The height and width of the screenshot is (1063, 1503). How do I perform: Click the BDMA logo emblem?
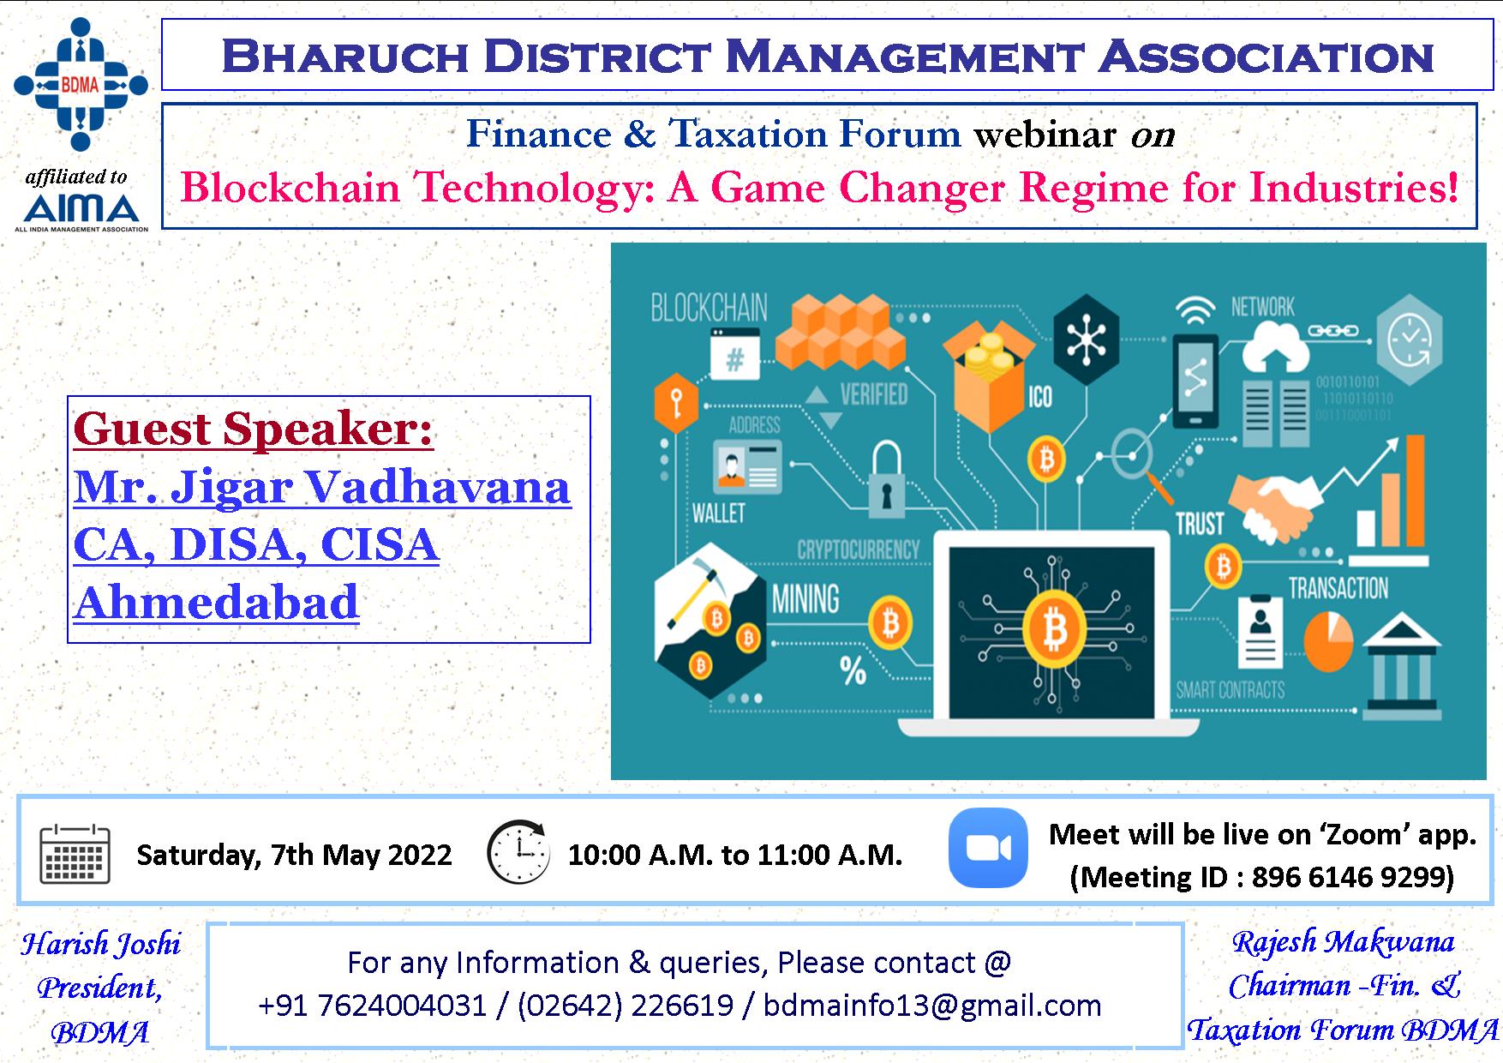click(x=81, y=85)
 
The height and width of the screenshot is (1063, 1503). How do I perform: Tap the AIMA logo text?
click(x=81, y=208)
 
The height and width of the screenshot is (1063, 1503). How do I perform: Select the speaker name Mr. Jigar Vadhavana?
click(x=322, y=487)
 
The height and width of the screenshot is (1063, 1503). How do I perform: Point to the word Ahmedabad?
click(x=216, y=602)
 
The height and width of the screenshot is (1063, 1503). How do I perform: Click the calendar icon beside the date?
click(x=75, y=854)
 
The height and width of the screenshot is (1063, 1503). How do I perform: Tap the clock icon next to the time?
click(x=518, y=852)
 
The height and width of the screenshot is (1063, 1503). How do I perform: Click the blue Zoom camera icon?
click(x=988, y=847)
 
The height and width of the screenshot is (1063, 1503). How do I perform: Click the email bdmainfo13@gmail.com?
click(x=932, y=1005)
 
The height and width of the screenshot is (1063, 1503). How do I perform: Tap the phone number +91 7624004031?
click(x=373, y=1005)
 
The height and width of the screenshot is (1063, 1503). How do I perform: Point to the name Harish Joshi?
click(x=101, y=944)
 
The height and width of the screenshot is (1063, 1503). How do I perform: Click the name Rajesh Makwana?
click(x=1343, y=941)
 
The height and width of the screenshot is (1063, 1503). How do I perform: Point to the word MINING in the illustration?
click(x=805, y=599)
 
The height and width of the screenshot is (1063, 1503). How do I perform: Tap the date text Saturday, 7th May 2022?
click(x=294, y=855)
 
